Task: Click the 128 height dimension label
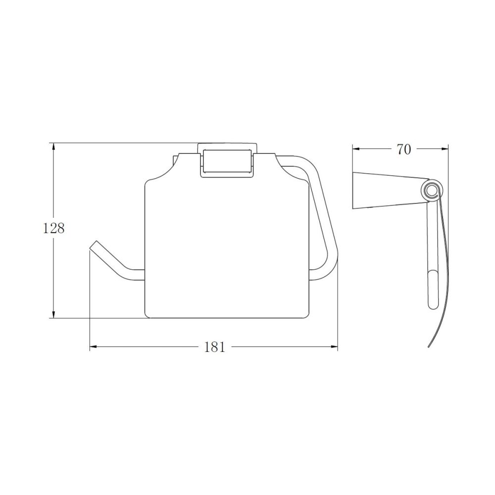click(53, 228)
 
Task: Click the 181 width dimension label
click(215, 347)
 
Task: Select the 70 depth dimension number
click(404, 149)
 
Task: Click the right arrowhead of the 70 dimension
click(444, 149)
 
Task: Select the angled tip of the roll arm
click(94, 245)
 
